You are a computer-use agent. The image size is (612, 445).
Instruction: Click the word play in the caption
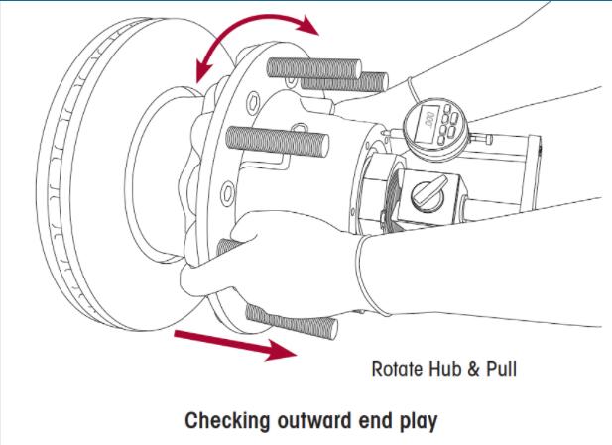click(x=416, y=421)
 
